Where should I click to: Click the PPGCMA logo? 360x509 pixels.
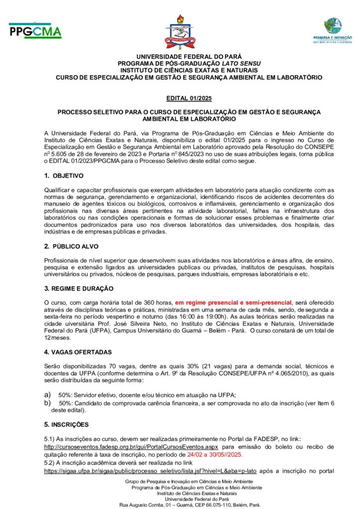point(35,31)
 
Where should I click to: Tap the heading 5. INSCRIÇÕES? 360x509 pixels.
point(66,424)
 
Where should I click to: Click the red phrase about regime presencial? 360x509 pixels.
point(233,302)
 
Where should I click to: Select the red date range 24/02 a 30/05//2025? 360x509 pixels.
point(223,455)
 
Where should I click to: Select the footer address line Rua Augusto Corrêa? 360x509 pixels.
point(189,505)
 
